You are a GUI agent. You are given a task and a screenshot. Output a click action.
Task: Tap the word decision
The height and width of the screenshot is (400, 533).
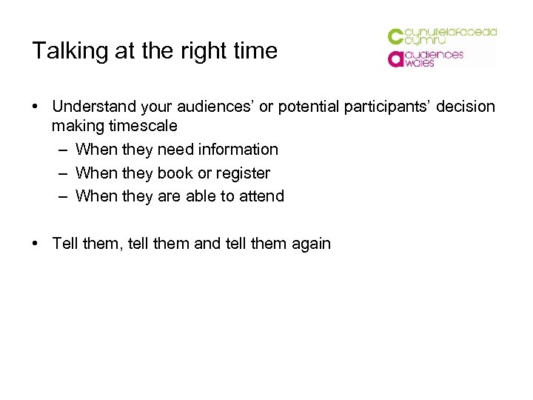click(x=465, y=107)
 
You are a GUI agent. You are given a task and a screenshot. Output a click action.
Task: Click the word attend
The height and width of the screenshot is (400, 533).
click(x=261, y=196)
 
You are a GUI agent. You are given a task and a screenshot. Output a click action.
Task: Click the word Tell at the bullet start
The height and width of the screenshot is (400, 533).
click(x=65, y=243)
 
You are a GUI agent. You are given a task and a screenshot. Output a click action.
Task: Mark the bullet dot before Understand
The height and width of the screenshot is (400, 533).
click(x=36, y=107)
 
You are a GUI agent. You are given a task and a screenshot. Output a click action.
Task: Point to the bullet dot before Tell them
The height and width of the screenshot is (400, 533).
click(x=36, y=243)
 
